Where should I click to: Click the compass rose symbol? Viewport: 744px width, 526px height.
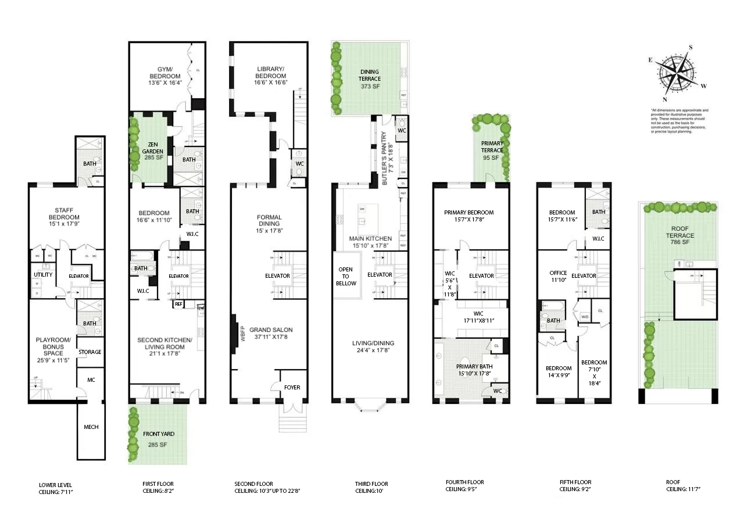click(677, 73)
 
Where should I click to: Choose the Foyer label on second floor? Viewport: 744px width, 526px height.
click(292, 387)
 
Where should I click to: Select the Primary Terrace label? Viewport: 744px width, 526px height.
click(492, 150)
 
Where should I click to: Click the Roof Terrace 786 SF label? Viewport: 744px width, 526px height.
click(680, 239)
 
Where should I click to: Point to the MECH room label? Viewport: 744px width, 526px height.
click(91, 427)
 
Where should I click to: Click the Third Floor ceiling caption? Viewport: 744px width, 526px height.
click(371, 487)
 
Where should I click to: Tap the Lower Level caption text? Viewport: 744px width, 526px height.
click(56, 488)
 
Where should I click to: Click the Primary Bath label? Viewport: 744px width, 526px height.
click(474, 370)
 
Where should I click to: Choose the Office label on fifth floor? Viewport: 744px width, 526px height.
click(558, 276)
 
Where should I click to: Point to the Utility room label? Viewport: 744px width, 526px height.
click(43, 274)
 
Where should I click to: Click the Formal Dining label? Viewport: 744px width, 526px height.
click(269, 220)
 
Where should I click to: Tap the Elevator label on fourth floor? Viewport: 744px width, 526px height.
click(481, 275)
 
